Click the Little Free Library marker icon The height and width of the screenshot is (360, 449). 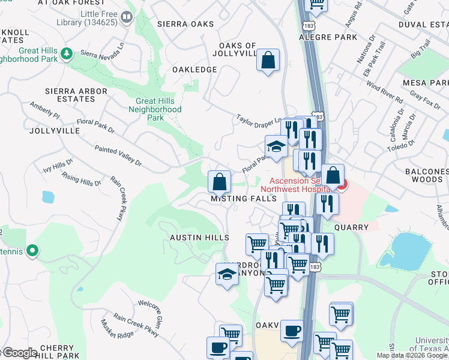click(127, 18)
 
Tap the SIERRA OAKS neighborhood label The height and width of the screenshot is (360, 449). click(185, 24)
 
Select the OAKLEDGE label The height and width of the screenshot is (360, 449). click(194, 70)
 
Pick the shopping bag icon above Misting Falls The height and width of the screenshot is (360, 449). click(220, 181)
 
